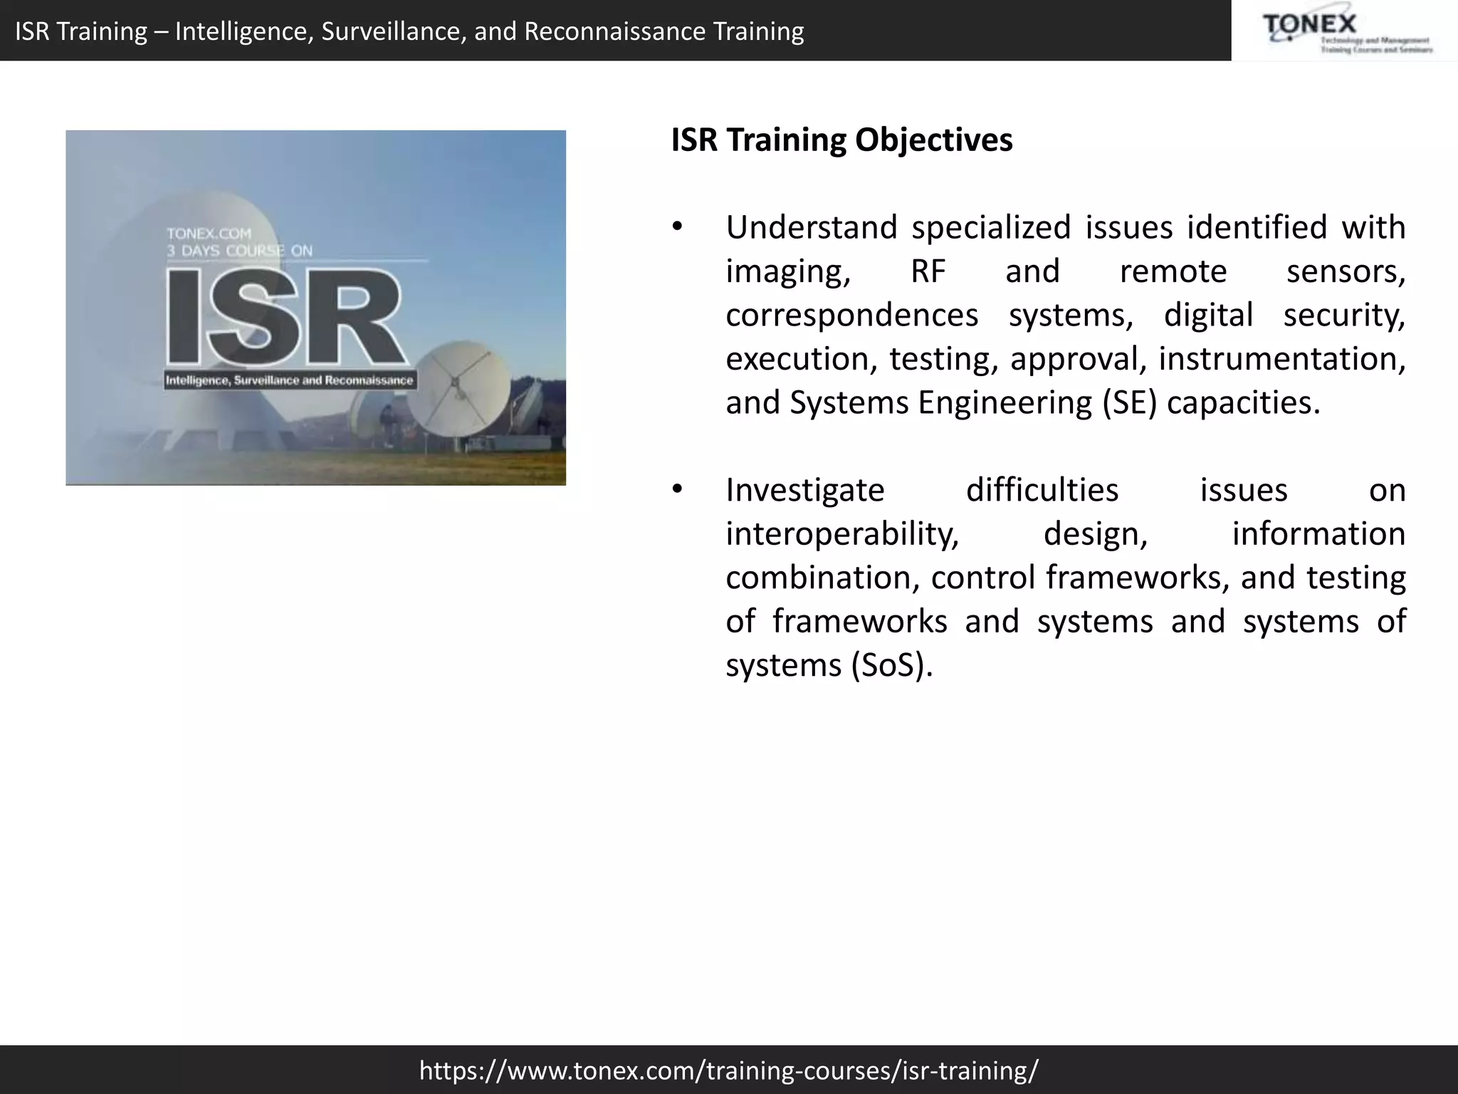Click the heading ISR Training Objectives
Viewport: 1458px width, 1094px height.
[841, 140]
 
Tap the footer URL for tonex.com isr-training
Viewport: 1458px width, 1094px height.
[728, 1070]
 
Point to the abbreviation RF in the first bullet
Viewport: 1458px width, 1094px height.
[928, 271]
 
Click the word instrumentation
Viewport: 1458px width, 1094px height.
[1281, 359]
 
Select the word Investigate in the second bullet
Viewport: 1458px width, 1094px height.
[804, 491]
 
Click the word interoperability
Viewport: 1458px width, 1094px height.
[841, 534]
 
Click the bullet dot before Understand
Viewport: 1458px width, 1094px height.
[677, 228]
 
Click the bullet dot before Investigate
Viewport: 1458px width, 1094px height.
[677, 490]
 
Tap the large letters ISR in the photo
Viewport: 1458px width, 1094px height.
[285, 317]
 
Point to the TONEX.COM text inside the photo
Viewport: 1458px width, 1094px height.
[209, 233]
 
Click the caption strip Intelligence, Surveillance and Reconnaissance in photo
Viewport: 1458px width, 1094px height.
[289, 380]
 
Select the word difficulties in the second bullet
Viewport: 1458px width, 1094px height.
[1042, 491]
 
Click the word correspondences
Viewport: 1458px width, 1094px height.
[851, 316]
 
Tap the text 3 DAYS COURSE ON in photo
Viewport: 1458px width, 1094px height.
[239, 251]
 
